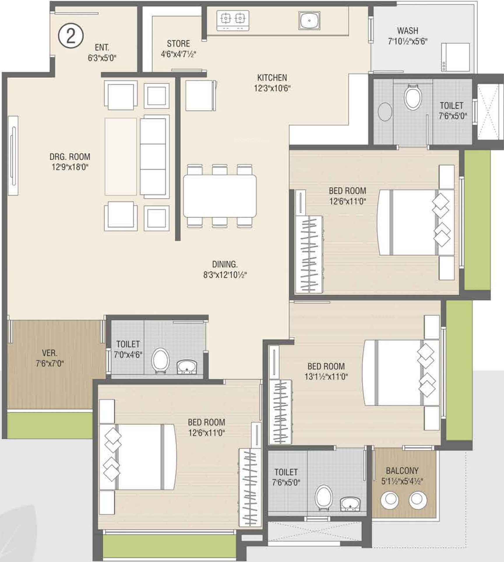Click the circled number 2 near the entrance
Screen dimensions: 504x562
pyautogui.click(x=71, y=36)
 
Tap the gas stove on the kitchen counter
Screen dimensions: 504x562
pyautogui.click(x=233, y=20)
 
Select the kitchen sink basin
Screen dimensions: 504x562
pyautogui.click(x=309, y=20)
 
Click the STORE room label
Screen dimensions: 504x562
pyautogui.click(x=178, y=44)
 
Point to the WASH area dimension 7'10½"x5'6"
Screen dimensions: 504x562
pyautogui.click(x=408, y=41)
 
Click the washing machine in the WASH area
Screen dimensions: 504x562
pyautogui.click(x=455, y=57)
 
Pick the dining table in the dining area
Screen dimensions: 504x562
pyautogui.click(x=220, y=196)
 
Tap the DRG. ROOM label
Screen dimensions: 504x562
pyautogui.click(x=70, y=157)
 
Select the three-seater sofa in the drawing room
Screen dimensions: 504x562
pyautogui.click(x=154, y=157)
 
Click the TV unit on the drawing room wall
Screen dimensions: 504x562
pyautogui.click(x=13, y=156)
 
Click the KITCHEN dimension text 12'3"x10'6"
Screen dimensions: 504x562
pyautogui.click(x=272, y=88)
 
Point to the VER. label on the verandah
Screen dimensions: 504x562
pyautogui.click(x=50, y=353)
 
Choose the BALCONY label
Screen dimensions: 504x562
pyautogui.click(x=402, y=470)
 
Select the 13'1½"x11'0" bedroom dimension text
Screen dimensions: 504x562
pyautogui.click(x=326, y=377)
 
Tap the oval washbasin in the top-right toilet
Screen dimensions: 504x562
pyautogui.click(x=385, y=112)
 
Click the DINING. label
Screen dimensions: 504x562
pyautogui.click(x=225, y=264)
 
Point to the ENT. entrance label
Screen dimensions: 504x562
pyautogui.click(x=102, y=48)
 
